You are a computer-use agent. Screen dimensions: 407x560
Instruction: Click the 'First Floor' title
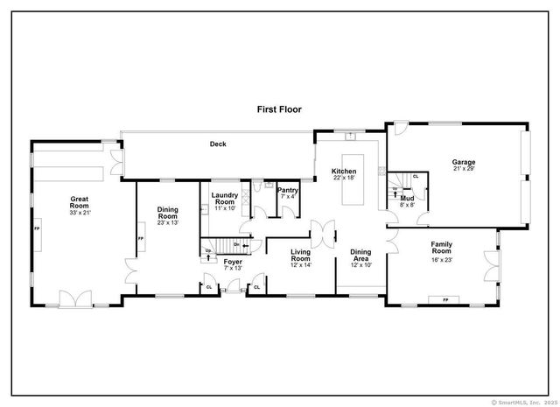click(x=278, y=109)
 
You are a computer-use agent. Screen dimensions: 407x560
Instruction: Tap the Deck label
click(x=217, y=144)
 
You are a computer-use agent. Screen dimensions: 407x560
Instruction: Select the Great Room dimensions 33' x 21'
click(x=80, y=213)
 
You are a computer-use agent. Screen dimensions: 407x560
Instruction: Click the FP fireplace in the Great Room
click(x=37, y=228)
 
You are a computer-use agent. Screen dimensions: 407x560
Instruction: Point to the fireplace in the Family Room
click(x=445, y=300)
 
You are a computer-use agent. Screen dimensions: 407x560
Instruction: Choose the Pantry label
click(x=288, y=191)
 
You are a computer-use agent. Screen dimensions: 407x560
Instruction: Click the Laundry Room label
click(x=225, y=198)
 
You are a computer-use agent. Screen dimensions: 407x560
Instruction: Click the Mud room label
click(x=407, y=198)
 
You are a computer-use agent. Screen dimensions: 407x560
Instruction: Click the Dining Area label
click(x=360, y=255)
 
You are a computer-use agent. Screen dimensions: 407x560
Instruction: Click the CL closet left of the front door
click(x=209, y=286)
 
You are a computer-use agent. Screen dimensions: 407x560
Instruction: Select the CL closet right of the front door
click(x=256, y=286)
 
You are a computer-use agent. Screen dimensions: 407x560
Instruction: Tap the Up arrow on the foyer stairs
click(x=208, y=255)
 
